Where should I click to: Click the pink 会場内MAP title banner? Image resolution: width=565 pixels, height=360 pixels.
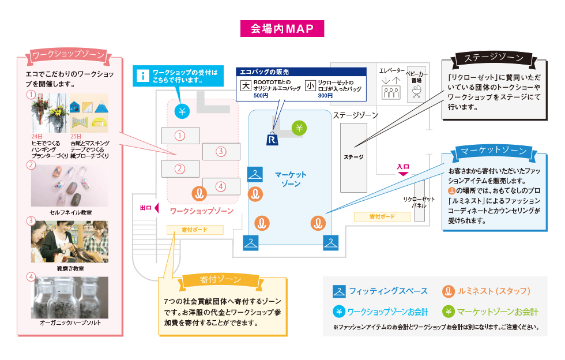click(282, 28)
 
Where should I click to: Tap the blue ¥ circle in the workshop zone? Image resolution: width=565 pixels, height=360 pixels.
click(182, 111)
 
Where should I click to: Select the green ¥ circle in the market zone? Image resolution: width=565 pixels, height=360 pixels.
click(299, 127)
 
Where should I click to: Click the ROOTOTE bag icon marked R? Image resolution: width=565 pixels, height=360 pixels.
click(273, 138)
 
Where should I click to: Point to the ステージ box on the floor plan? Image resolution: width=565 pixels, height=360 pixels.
click(353, 157)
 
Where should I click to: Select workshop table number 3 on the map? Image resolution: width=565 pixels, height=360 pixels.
click(220, 152)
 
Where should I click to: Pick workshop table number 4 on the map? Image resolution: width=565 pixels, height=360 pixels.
click(220, 186)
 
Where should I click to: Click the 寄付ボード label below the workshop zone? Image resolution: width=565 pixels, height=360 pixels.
click(194, 230)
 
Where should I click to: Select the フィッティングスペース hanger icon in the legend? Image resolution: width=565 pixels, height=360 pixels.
click(339, 291)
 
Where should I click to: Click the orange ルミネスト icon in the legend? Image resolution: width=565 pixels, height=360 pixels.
click(446, 291)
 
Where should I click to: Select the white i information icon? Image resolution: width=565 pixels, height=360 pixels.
click(142, 76)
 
